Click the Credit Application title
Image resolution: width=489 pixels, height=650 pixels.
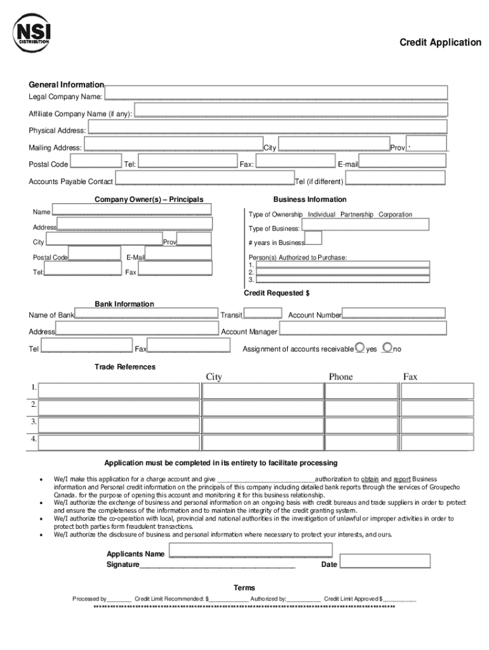440,43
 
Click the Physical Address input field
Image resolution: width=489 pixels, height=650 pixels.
267,127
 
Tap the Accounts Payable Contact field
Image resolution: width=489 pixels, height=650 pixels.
204,178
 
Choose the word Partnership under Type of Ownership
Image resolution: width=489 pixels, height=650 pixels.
356,215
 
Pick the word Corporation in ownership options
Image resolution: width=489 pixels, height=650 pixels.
395,215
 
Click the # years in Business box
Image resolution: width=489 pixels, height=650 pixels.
313,238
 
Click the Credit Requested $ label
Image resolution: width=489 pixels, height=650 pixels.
277,293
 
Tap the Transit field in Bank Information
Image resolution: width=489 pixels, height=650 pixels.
263,312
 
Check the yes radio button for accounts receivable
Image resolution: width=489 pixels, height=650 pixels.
360,347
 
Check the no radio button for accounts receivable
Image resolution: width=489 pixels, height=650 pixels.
388,347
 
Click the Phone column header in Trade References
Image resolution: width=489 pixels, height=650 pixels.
340,377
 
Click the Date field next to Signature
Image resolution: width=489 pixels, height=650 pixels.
385,561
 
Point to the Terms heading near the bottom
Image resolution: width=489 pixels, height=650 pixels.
244,588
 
